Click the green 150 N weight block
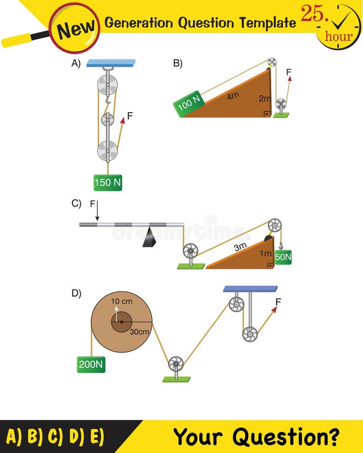[x=108, y=183]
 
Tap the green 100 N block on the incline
[x=189, y=103]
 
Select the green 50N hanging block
[x=283, y=257]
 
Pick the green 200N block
[x=91, y=364]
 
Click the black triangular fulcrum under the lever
[x=149, y=237]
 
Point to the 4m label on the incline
[x=232, y=96]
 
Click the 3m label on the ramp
[x=240, y=247]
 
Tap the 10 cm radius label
[x=121, y=301]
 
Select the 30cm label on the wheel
[x=139, y=332]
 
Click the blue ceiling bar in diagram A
[x=110, y=63]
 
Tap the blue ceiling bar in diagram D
[x=250, y=289]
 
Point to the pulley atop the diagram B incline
[x=272, y=62]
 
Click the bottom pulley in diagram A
[x=107, y=150]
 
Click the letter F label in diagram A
[x=130, y=116]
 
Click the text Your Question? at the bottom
[x=256, y=436]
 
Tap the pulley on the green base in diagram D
[x=176, y=364]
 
